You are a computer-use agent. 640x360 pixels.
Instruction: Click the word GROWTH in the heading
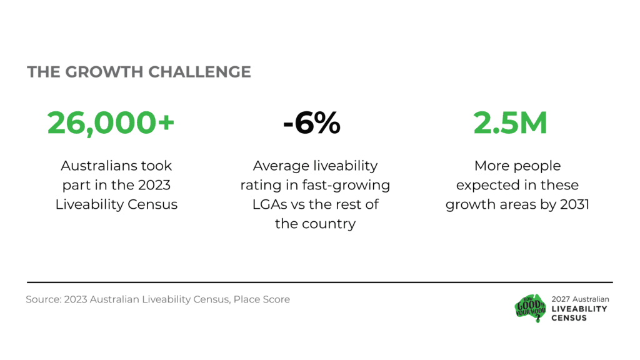click(104, 72)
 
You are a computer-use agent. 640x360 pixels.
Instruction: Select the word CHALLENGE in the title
click(199, 72)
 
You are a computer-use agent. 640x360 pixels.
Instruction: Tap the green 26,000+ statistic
click(111, 123)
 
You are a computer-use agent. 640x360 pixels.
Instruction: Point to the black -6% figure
click(312, 123)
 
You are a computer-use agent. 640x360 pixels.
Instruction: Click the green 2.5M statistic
click(510, 123)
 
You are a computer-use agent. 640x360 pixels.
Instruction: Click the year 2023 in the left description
click(154, 185)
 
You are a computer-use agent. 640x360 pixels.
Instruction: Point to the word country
click(329, 224)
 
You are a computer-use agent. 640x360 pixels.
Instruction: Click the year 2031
click(575, 204)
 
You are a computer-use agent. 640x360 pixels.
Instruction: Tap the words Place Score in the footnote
click(262, 299)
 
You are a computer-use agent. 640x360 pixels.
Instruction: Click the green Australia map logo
click(530, 308)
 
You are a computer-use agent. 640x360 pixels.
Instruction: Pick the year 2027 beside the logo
click(561, 299)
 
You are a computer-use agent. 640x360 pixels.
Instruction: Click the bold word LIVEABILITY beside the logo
click(579, 309)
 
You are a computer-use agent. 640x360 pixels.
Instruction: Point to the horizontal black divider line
click(320, 282)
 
